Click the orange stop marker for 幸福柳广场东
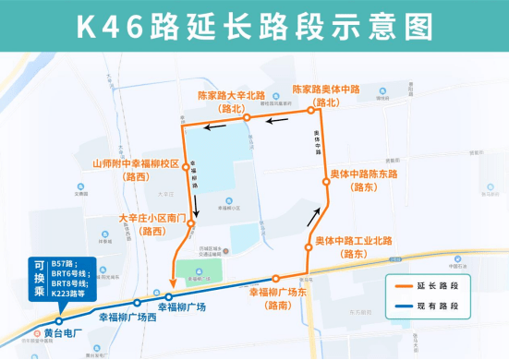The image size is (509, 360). (x=274, y=279)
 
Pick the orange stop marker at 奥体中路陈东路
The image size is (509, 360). (x=326, y=183)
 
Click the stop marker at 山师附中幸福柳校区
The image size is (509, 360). (x=187, y=167)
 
